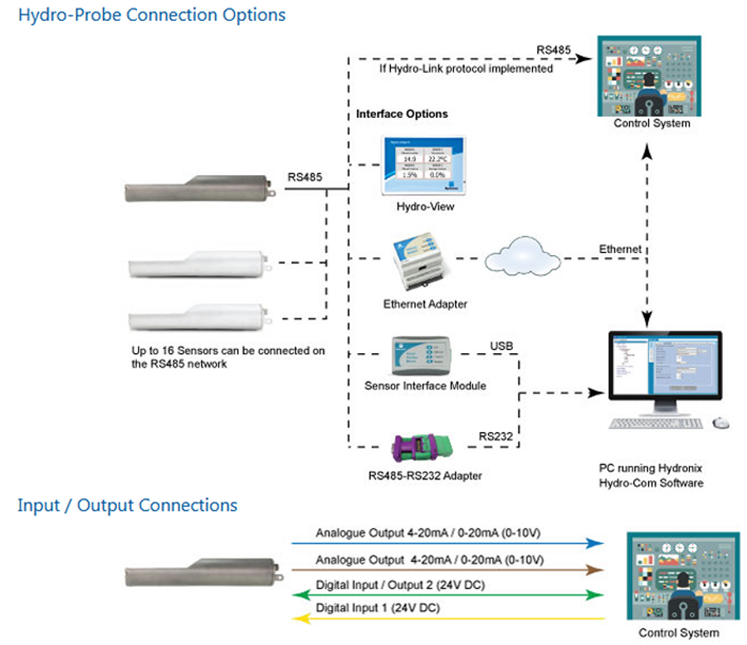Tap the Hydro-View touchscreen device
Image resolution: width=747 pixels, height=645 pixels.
point(424,165)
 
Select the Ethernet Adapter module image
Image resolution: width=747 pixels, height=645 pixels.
point(419,264)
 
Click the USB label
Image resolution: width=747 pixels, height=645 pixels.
point(502,345)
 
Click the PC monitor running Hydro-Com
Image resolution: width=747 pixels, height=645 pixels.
point(664,369)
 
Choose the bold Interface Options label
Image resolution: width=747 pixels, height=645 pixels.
point(402,114)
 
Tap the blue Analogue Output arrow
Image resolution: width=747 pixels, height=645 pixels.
point(448,543)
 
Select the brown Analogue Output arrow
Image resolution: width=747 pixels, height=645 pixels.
point(448,570)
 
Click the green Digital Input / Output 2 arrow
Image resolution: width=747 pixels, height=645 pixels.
point(448,594)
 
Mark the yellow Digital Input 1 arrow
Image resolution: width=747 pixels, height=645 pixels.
point(448,618)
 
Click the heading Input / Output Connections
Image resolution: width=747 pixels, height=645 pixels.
point(127,505)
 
